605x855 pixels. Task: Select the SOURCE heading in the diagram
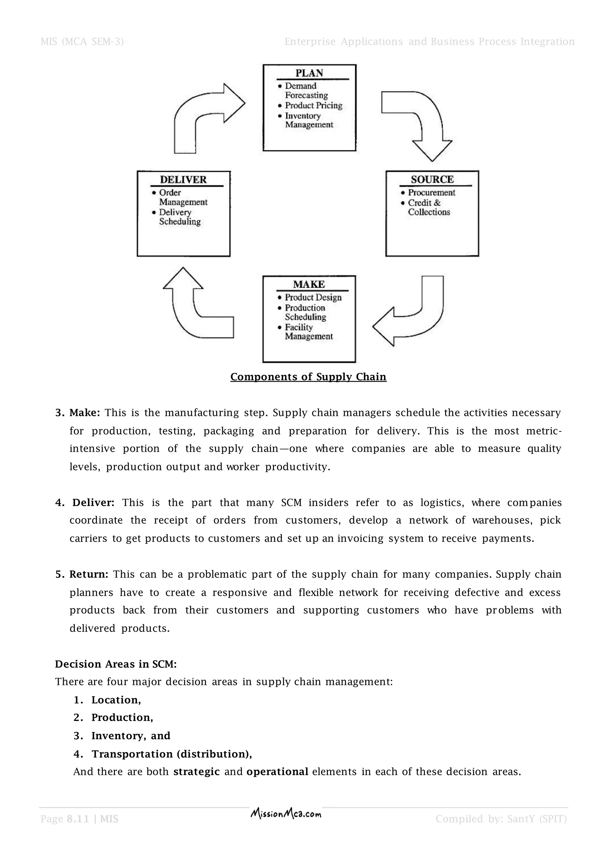pos(432,180)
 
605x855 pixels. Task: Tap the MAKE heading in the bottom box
pos(308,285)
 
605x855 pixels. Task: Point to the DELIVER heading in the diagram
pos(183,180)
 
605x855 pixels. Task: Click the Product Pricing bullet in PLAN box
pos(313,105)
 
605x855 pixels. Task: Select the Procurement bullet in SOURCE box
pos(431,192)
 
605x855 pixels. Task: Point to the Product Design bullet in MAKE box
pos(313,297)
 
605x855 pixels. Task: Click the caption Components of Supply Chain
pos(308,376)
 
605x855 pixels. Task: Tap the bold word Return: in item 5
pos(89,574)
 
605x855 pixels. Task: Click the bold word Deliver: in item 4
pos(93,502)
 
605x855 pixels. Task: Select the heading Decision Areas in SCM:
pos(116,664)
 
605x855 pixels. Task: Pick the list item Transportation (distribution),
pos(171,754)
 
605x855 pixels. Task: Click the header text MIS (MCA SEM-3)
pos(82,41)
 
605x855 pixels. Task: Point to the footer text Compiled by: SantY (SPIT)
pos(501,819)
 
